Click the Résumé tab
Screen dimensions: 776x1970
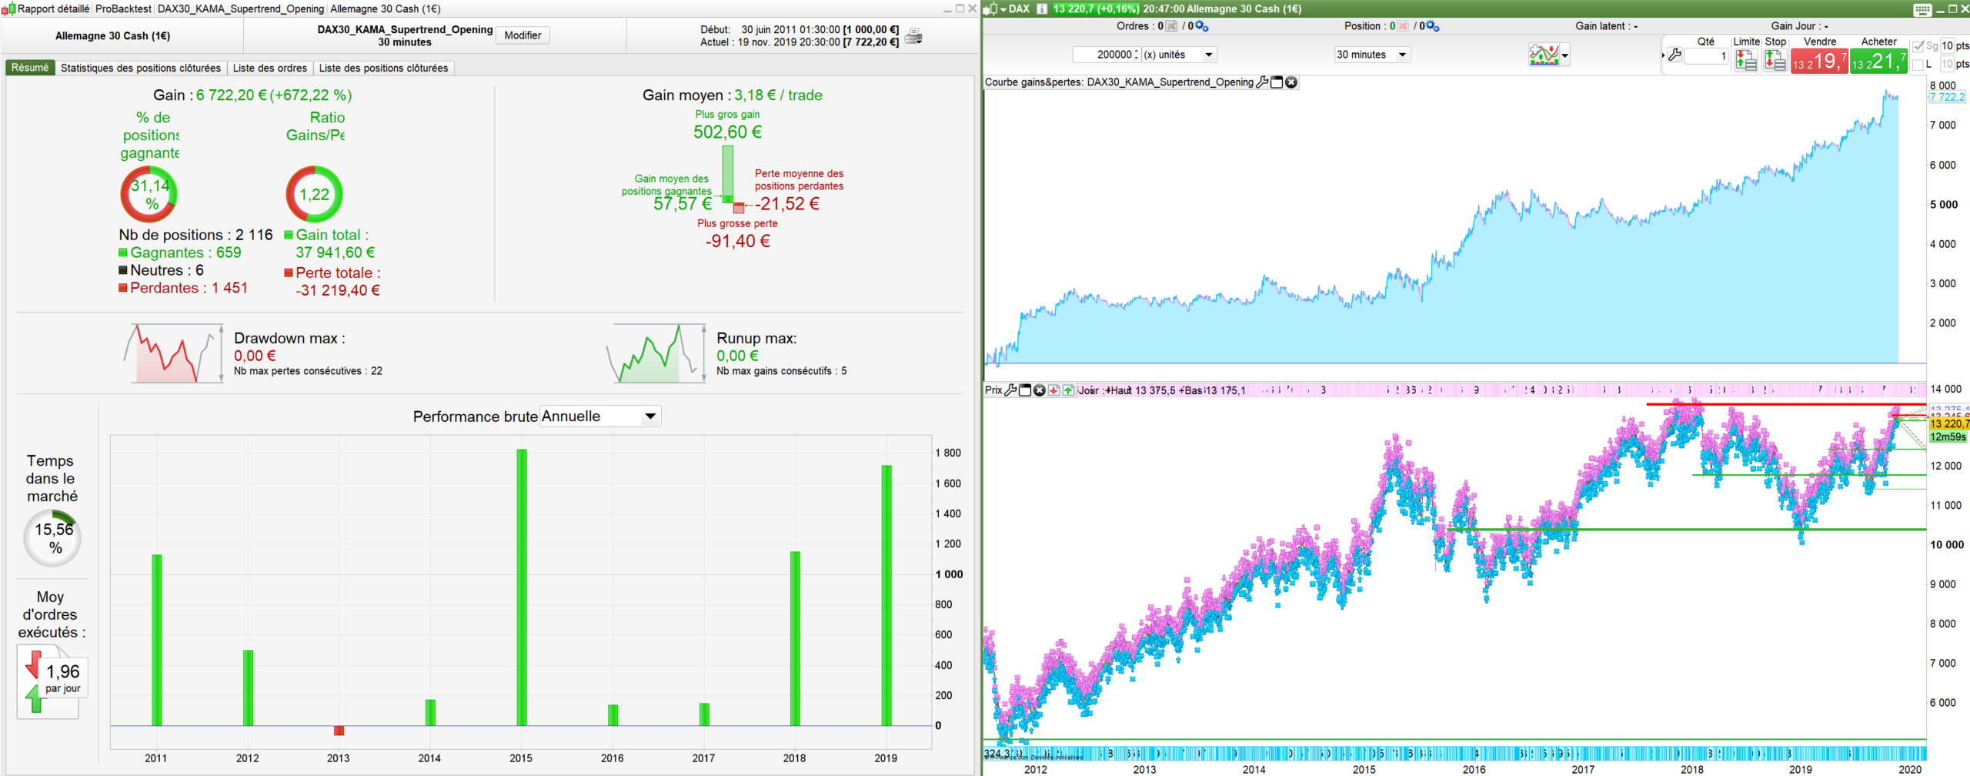click(x=30, y=68)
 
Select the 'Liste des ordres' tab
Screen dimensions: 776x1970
click(x=269, y=68)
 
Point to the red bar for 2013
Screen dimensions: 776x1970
click(x=339, y=731)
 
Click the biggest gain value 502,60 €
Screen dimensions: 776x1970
click(x=727, y=132)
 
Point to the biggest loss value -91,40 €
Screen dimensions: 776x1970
click(x=737, y=241)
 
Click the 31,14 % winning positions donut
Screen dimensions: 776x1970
click(x=149, y=194)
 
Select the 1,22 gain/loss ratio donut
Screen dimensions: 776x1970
click(x=314, y=194)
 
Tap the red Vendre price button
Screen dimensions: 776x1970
click(x=1819, y=61)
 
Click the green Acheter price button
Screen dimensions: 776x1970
click(x=1878, y=61)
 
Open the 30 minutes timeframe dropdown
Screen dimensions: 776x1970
click(x=1371, y=55)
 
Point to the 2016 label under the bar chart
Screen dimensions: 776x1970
click(x=612, y=758)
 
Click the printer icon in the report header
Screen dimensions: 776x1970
click(x=913, y=36)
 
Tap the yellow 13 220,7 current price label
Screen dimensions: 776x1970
click(x=1949, y=423)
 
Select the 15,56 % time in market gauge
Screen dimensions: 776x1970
click(x=52, y=538)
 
